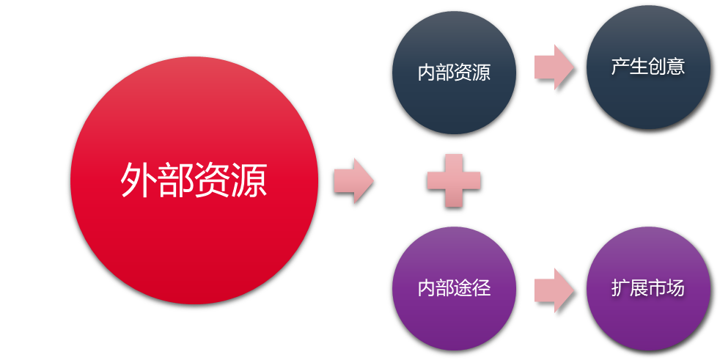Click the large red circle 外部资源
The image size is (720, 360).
click(x=194, y=242)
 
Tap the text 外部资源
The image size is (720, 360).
click(x=194, y=180)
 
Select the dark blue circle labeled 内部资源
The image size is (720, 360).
click(x=454, y=103)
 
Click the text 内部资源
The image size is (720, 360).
click(x=454, y=73)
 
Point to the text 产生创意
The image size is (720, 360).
click(x=648, y=67)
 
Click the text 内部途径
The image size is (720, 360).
click(x=454, y=288)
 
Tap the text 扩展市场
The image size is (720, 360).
click(x=648, y=288)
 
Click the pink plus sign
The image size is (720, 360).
click(x=454, y=180)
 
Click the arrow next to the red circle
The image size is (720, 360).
click(x=354, y=180)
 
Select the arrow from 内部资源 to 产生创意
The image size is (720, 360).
click(x=554, y=67)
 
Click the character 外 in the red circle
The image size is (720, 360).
click(x=139, y=180)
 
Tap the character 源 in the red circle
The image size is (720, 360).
click(x=249, y=180)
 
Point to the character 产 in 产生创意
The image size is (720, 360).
click(x=620, y=67)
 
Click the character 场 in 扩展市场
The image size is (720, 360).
click(x=675, y=288)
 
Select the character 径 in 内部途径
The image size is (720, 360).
click(x=482, y=288)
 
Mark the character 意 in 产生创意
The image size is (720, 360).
click(x=675, y=67)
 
